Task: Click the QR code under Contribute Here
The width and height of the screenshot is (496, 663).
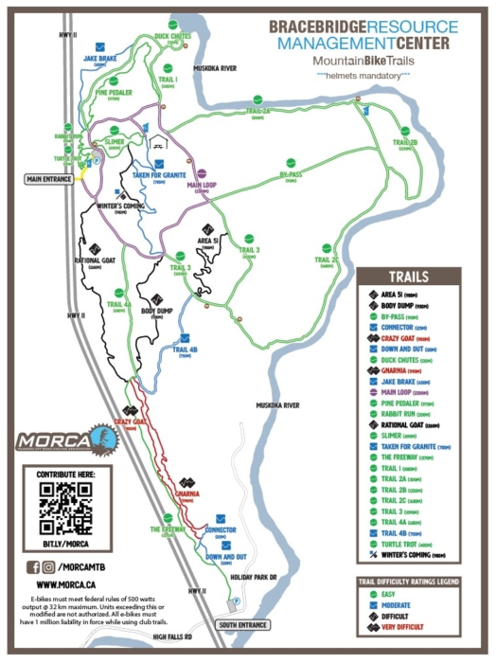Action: pos(64,509)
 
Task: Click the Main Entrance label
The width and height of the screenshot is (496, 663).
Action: pos(50,177)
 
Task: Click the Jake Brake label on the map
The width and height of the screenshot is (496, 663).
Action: pos(99,59)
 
